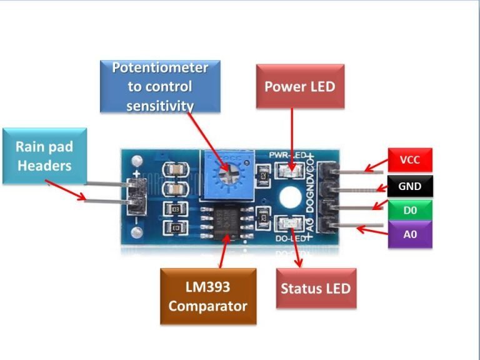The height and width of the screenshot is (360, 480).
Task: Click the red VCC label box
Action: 409,161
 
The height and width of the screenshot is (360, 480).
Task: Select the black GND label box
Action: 409,186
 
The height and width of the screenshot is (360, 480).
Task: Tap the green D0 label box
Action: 409,211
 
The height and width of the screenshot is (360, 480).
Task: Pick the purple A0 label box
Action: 409,234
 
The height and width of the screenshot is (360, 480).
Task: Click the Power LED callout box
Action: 300,86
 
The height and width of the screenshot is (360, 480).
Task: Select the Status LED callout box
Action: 316,288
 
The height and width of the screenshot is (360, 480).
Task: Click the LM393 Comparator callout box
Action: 207,296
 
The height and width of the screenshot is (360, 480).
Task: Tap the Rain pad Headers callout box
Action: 44,156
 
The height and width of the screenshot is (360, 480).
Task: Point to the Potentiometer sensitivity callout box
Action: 160,86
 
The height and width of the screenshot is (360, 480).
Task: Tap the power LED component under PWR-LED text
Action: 290,169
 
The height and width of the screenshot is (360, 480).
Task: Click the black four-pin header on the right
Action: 327,196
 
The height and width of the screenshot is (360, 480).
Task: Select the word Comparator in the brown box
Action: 207,306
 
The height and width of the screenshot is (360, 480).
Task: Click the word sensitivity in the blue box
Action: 160,106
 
